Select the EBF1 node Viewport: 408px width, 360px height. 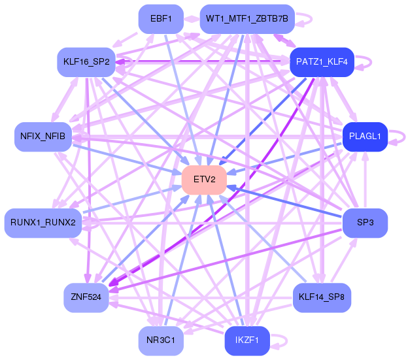point(161,18)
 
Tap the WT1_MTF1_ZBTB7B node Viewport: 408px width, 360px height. point(248,18)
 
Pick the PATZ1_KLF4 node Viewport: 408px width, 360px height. point(322,62)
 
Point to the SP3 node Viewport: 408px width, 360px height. point(365,223)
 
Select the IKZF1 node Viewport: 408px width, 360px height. point(247,340)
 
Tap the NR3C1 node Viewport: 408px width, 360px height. point(161,340)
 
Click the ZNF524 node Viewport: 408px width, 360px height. point(86,297)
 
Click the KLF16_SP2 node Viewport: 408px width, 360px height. point(86,62)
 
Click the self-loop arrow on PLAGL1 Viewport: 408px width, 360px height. point(400,137)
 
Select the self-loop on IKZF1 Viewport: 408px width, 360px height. point(283,340)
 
